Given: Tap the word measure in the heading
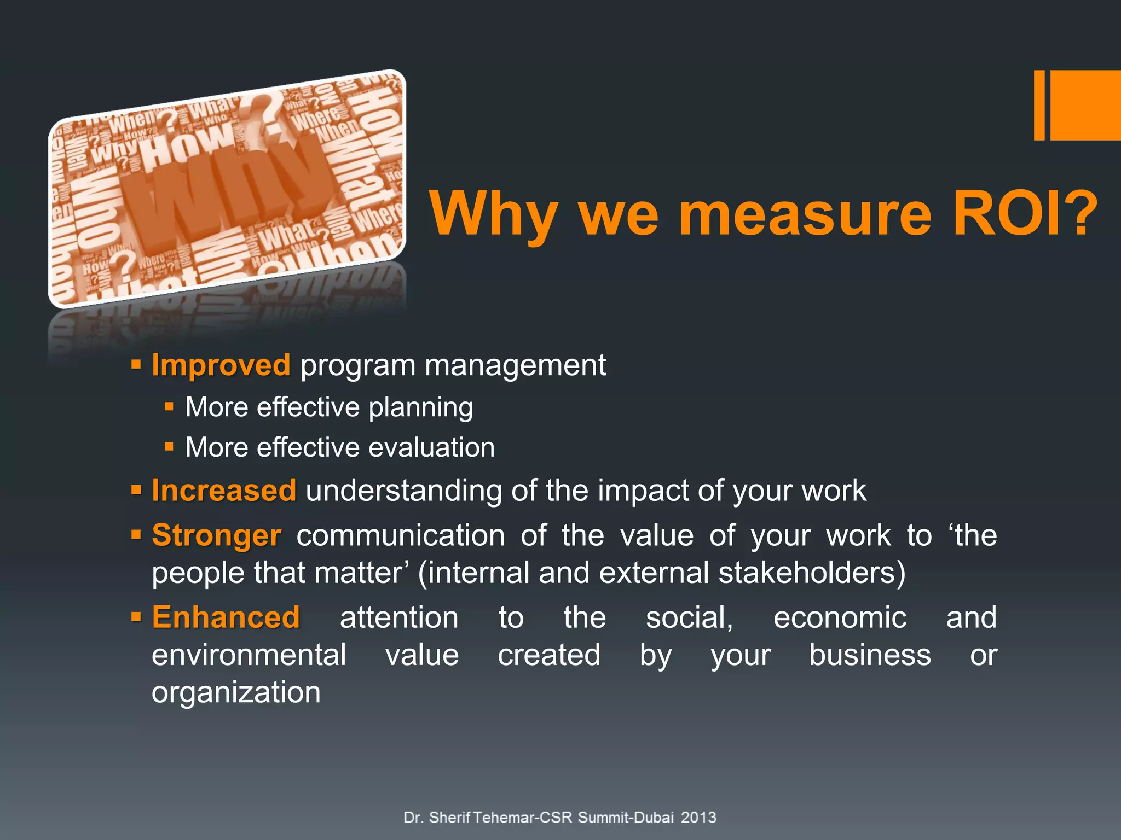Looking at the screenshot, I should [x=805, y=214].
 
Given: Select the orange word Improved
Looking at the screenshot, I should [x=221, y=365].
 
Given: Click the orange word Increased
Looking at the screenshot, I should [x=224, y=491].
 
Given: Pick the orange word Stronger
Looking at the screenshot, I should [x=217, y=535].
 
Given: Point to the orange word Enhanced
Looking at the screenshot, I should [x=226, y=618].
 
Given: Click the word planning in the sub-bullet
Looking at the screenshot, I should [x=420, y=408].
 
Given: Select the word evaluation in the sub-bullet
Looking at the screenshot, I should [x=431, y=448].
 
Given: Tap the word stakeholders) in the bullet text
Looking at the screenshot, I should [x=812, y=573].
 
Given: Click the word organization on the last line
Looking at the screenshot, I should [x=236, y=693].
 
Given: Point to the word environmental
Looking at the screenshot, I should [x=249, y=655].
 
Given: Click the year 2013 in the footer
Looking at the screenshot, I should [x=698, y=818].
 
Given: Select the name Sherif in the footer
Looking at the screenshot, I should [x=449, y=818].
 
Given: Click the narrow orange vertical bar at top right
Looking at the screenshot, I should [x=1039, y=105].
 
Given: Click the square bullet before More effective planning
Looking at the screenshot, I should [x=169, y=407].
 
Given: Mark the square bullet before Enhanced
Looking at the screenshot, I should [x=136, y=618].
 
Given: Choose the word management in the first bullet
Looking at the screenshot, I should [x=515, y=365].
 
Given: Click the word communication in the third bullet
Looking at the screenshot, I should [x=401, y=535].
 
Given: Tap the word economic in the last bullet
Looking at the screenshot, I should [x=840, y=618].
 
